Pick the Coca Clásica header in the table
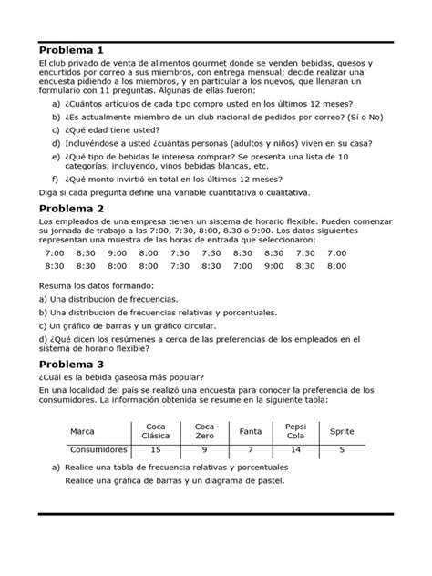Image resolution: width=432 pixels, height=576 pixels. coord(156,430)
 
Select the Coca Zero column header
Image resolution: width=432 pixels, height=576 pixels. coord(204,430)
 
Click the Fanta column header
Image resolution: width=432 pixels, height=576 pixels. coord(250,430)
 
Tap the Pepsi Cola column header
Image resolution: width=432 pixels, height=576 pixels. coord(295,430)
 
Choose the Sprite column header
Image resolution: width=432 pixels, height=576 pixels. coord(342,430)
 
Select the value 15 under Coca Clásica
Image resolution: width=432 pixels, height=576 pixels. coord(156,449)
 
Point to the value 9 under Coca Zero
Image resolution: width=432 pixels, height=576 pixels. coord(204,449)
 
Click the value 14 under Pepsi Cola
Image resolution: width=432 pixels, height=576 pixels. coord(295,449)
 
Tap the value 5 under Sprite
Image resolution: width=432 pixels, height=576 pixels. coord(342,449)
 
